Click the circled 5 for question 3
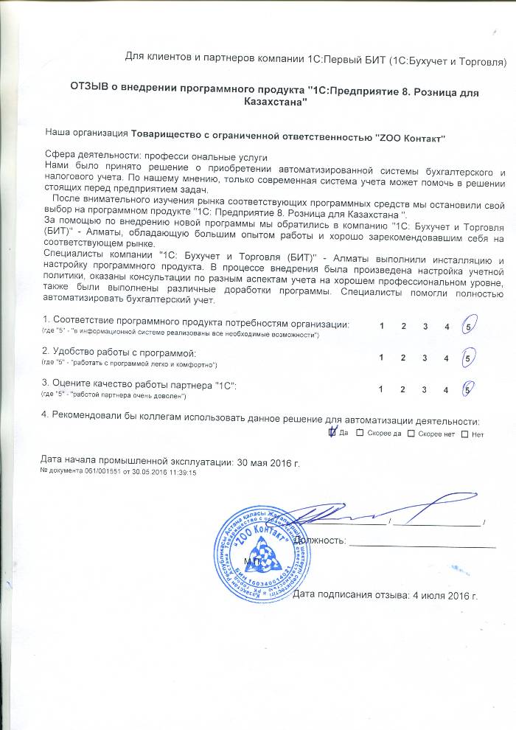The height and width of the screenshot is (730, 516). (467, 389)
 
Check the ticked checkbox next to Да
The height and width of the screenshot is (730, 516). (332, 433)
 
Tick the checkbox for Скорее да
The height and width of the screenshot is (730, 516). (360, 434)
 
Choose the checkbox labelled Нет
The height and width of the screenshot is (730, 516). (464, 434)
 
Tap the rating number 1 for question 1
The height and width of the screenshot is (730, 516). (382, 326)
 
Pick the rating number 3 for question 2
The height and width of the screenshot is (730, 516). (425, 358)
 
